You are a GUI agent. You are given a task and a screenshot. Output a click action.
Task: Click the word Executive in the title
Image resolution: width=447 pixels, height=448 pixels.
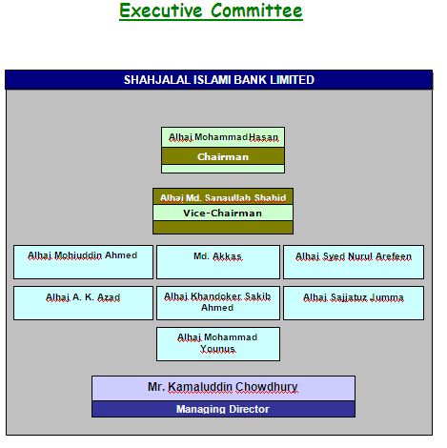[161, 10]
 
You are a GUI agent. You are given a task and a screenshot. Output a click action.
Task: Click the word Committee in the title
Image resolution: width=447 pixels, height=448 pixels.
[256, 10]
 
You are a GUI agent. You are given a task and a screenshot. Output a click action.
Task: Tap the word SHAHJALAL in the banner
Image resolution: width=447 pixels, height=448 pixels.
[156, 80]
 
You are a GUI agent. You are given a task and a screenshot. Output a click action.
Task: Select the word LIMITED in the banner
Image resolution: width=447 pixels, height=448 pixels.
[292, 80]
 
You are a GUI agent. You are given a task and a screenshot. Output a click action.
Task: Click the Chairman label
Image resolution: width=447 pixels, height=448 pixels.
[223, 156]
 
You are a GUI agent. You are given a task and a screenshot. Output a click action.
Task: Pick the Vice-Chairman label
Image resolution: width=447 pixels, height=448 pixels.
[223, 213]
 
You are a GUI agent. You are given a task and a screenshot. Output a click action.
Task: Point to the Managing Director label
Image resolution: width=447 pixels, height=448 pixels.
[223, 409]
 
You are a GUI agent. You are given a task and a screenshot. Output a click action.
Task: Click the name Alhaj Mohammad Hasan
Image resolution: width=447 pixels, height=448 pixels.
[223, 137]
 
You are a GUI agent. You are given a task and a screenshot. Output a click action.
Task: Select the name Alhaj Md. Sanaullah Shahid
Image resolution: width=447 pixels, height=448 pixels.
[223, 197]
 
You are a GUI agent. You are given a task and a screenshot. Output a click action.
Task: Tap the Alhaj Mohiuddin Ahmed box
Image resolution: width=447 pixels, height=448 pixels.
[83, 262]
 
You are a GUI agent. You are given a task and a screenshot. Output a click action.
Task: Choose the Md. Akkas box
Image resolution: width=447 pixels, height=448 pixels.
[218, 262]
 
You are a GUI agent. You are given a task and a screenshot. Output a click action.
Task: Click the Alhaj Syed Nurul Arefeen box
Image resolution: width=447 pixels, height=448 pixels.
[354, 262]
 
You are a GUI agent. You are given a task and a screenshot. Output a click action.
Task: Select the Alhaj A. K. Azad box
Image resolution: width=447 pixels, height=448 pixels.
[83, 303]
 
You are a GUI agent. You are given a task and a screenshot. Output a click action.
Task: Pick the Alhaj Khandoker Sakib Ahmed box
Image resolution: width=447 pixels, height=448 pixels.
[218, 303]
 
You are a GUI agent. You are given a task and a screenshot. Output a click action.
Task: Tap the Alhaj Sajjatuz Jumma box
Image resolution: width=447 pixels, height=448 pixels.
[354, 303]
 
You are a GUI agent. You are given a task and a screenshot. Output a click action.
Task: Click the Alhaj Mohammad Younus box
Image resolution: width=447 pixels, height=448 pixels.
[218, 344]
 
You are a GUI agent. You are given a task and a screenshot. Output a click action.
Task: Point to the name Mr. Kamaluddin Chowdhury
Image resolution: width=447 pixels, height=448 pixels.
[223, 387]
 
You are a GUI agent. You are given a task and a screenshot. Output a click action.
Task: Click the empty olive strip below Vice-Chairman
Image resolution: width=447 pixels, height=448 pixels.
[223, 228]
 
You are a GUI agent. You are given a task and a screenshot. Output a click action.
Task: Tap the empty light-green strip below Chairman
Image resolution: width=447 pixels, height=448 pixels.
[223, 169]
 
